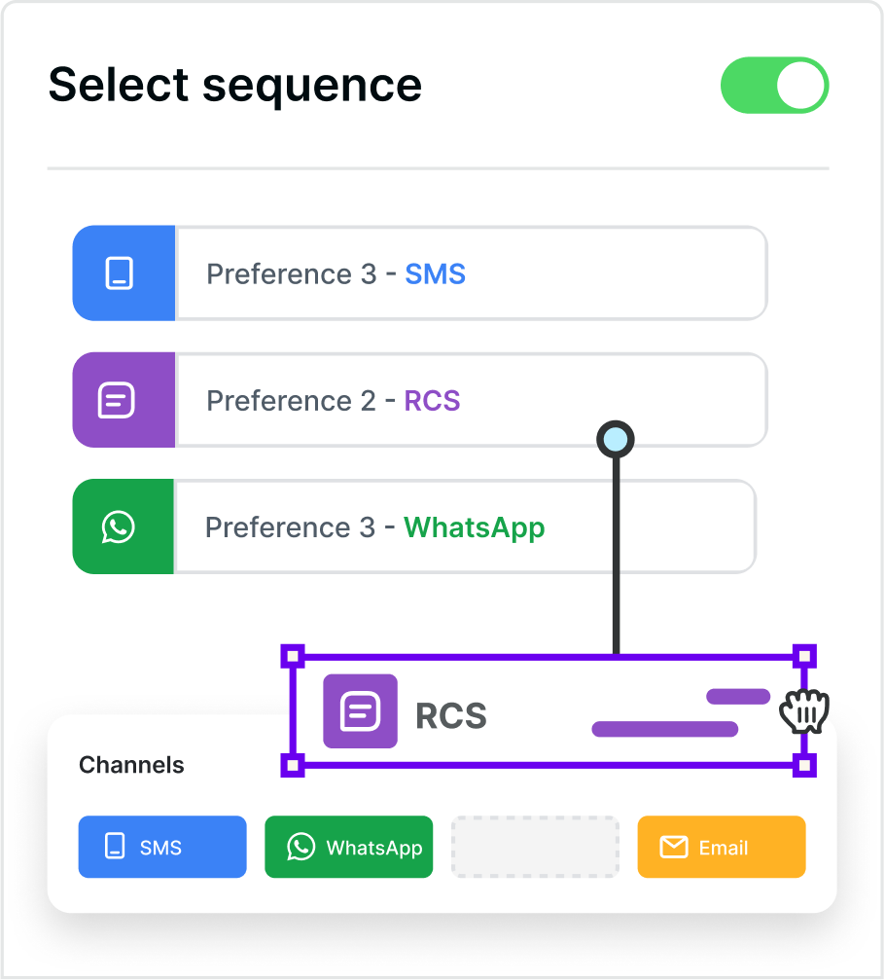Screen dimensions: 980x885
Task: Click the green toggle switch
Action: click(774, 85)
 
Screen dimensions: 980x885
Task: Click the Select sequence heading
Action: click(235, 85)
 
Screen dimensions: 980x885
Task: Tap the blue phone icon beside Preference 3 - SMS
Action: click(120, 273)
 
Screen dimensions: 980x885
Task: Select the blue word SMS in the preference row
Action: click(435, 274)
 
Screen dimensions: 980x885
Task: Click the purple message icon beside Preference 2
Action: click(117, 400)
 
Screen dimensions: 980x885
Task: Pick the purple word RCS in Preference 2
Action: click(432, 401)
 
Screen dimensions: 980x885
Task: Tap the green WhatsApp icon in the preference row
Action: click(118, 526)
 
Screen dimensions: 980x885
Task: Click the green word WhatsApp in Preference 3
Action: click(474, 527)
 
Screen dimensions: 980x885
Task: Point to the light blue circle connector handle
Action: click(615, 440)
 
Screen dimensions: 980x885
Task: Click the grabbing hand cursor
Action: click(804, 712)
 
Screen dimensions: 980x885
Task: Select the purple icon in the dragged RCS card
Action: click(360, 711)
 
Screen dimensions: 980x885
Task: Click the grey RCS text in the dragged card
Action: click(451, 716)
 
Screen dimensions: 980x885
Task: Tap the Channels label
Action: click(131, 765)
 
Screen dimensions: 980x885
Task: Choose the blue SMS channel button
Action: click(162, 847)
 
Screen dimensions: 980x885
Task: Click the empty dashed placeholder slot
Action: click(535, 847)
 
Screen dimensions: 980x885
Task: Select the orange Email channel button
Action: click(722, 847)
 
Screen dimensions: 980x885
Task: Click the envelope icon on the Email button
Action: click(674, 848)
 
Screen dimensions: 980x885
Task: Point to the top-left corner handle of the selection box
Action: click(293, 655)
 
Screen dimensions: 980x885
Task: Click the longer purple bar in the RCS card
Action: click(664, 729)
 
